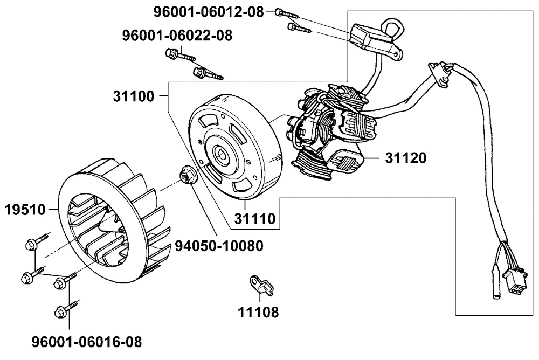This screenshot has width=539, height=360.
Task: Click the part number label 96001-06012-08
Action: (x=208, y=12)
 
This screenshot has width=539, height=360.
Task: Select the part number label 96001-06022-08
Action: (x=177, y=36)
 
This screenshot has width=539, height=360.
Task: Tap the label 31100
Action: (x=134, y=96)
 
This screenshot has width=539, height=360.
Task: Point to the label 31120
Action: (x=406, y=158)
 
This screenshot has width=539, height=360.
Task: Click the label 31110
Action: (x=255, y=219)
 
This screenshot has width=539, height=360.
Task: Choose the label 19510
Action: (x=25, y=210)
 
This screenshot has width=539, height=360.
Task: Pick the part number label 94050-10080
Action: (x=219, y=246)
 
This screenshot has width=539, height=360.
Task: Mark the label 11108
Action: (x=258, y=312)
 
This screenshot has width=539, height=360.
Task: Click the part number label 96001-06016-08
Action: (x=87, y=342)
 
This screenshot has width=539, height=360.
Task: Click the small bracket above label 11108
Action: (x=261, y=285)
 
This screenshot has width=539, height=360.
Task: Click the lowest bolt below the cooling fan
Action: (x=66, y=309)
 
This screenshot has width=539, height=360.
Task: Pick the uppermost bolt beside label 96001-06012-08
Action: (x=287, y=13)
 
